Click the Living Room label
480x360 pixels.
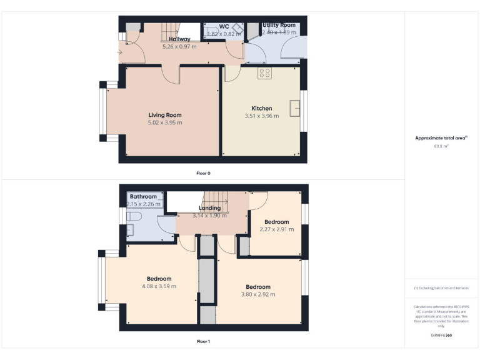[x=165, y=115]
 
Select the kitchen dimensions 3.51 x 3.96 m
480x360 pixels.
[x=261, y=116]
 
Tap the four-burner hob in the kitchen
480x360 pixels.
[x=264, y=73]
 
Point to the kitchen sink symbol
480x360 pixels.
[x=295, y=108]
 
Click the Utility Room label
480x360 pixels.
[x=279, y=25]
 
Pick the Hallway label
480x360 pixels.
[x=179, y=39]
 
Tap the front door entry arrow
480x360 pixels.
[x=120, y=52]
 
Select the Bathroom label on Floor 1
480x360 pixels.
[x=144, y=196]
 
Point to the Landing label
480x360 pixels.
[x=209, y=208]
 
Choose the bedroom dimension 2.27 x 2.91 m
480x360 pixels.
[x=276, y=229]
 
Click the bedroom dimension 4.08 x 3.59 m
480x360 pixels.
[x=159, y=286]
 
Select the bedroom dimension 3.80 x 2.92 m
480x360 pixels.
[x=258, y=294]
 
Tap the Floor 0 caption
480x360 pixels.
[x=203, y=172]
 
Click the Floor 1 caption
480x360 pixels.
[x=203, y=341]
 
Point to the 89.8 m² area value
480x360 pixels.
[x=441, y=146]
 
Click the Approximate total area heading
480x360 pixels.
[x=441, y=137]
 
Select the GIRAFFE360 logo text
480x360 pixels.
[x=441, y=336]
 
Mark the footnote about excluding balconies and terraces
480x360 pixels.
[x=441, y=288]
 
